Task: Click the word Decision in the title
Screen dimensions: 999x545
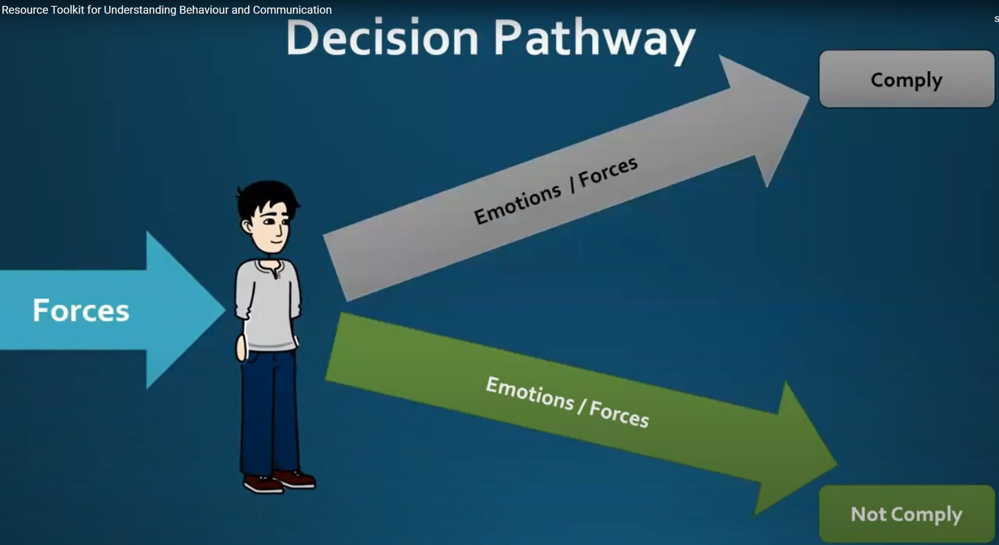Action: coord(383,38)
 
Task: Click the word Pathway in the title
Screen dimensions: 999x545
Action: coord(594,41)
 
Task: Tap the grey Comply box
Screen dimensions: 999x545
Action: coord(907,79)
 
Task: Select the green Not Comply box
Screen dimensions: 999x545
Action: coord(907,514)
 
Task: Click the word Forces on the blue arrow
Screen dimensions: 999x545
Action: coord(81,310)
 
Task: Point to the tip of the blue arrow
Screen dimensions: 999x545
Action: coord(225,310)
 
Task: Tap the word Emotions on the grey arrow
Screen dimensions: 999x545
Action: coord(517,204)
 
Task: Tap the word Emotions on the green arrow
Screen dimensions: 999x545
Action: coord(530,393)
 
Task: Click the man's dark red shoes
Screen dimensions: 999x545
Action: coord(279,481)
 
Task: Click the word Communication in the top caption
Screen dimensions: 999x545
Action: coord(292,10)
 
